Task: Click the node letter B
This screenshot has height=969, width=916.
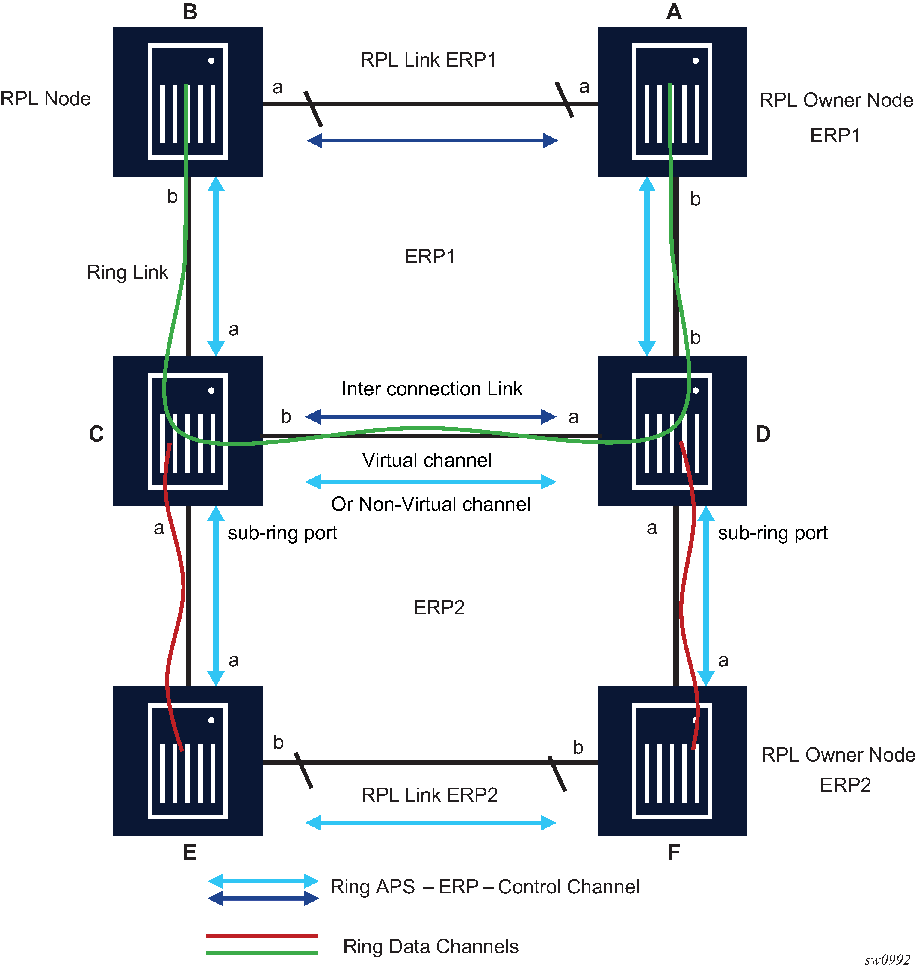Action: click(190, 12)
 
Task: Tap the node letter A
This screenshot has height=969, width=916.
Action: click(674, 12)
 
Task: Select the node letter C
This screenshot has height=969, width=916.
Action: click(96, 434)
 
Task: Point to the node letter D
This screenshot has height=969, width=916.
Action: click(763, 434)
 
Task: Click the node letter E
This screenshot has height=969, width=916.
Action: click(190, 853)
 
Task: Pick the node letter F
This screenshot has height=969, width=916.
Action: click(674, 853)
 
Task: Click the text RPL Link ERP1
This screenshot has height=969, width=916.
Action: click(428, 60)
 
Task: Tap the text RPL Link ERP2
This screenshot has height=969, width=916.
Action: click(429, 795)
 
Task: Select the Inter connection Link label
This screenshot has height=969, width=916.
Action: click(432, 389)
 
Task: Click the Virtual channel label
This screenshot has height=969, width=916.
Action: click(427, 460)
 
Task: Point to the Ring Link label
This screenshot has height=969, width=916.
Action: click(127, 272)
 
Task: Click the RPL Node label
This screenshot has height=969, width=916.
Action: click(46, 99)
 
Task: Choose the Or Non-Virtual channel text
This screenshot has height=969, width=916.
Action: click(431, 504)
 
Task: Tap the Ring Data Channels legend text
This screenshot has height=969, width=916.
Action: click(431, 947)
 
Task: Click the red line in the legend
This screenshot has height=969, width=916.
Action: click(262, 936)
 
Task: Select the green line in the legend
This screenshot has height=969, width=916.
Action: click(262, 953)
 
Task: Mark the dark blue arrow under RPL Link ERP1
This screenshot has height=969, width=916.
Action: click(432, 141)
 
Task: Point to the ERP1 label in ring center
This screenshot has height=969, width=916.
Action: click(430, 257)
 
